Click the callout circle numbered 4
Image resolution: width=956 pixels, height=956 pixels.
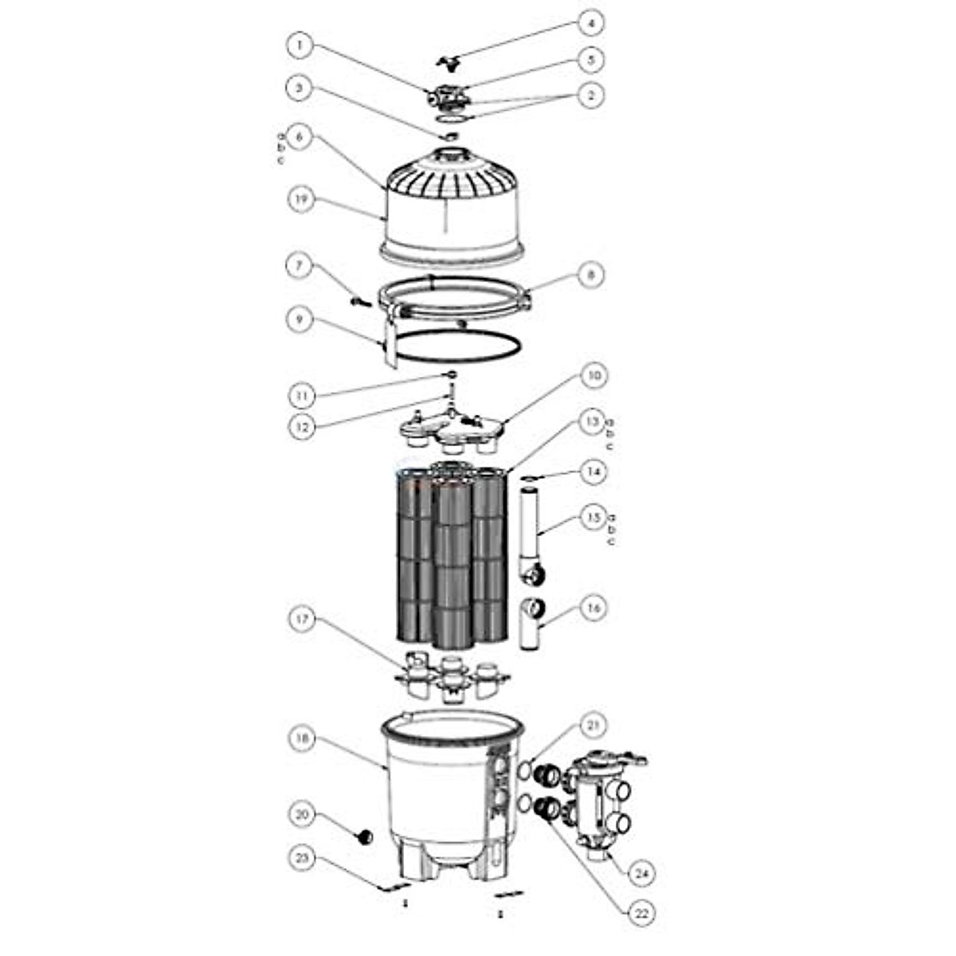pos(590,23)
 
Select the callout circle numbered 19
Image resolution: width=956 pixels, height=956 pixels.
pos(300,199)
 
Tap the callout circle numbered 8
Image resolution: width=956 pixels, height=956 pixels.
pos(590,275)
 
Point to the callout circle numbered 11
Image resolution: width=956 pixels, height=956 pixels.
pos(300,395)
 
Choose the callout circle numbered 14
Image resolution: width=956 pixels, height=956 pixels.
pos(590,472)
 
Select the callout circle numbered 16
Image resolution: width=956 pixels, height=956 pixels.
pos(590,608)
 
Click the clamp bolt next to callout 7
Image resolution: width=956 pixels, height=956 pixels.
pos(361,301)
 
